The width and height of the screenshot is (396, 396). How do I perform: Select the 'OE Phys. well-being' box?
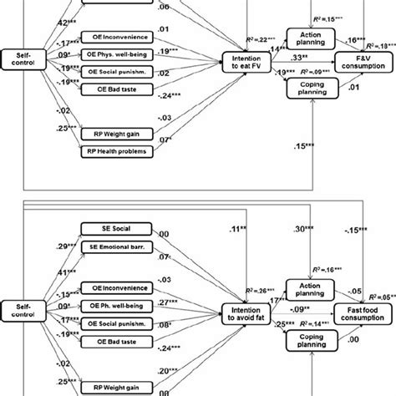point(120,54)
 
